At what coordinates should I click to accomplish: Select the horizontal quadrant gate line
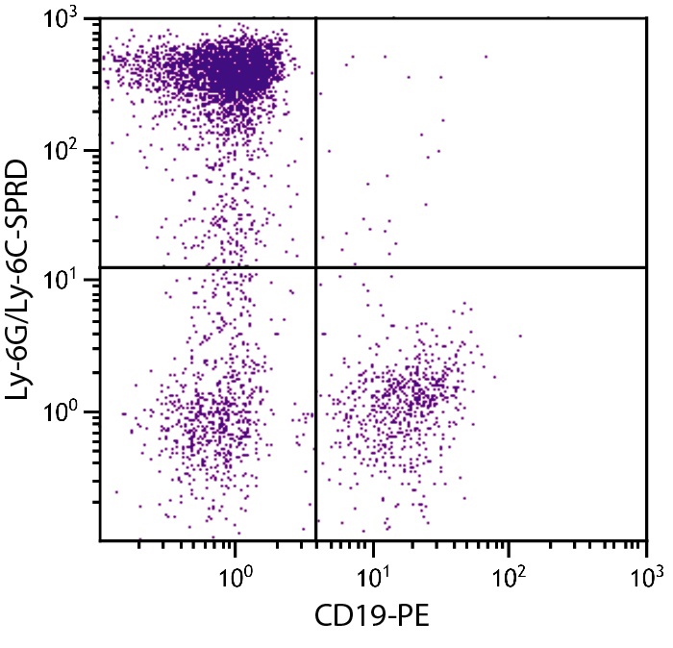(x=481, y=266)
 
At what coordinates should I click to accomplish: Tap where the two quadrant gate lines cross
(x=316, y=266)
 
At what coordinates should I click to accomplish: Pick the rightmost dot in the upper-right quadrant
(x=486, y=57)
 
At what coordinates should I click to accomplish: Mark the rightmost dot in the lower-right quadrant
(x=520, y=336)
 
